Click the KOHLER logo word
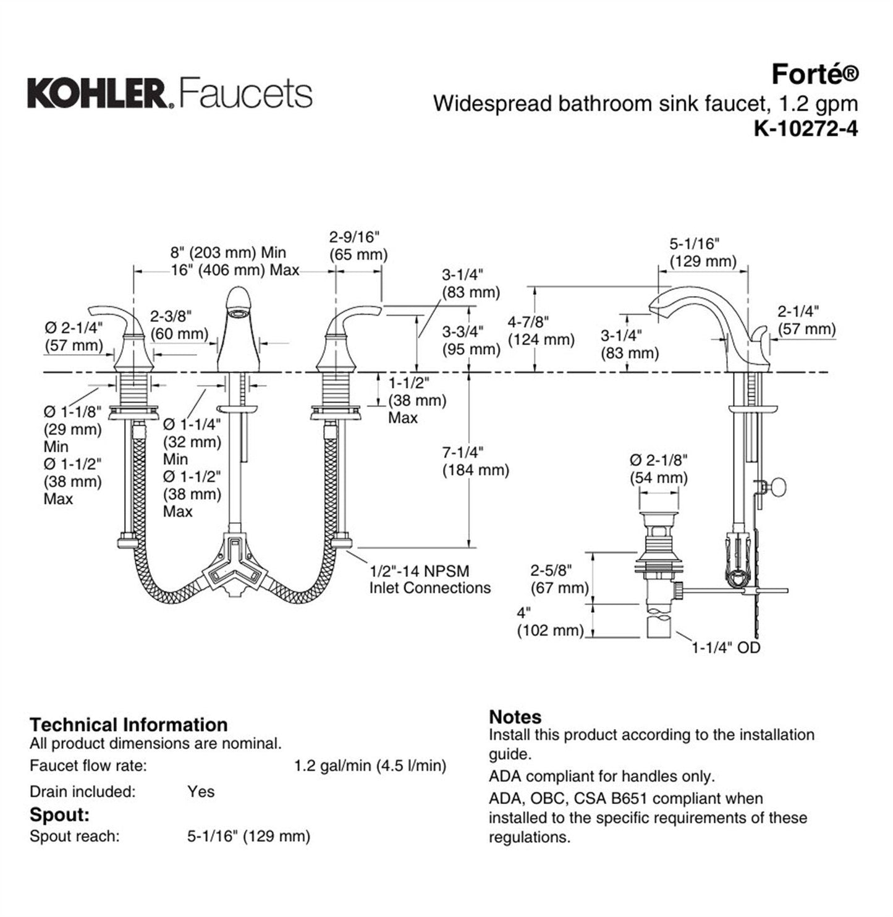(96, 94)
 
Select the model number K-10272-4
(805, 129)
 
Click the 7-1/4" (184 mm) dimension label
(475, 461)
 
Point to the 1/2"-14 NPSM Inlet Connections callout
(430, 579)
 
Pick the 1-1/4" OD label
(726, 648)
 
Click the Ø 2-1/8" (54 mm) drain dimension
(658, 468)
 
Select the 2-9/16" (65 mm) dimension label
(358, 245)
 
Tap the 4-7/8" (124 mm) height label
(541, 330)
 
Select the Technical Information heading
(129, 724)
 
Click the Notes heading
(515, 717)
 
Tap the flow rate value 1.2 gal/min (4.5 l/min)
(370, 766)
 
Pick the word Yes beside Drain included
(201, 792)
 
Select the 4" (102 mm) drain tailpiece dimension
(550, 622)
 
